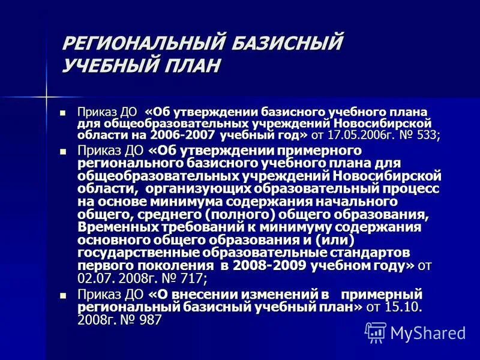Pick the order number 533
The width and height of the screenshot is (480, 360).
(x=426, y=135)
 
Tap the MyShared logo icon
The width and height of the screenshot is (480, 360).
(x=376, y=332)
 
